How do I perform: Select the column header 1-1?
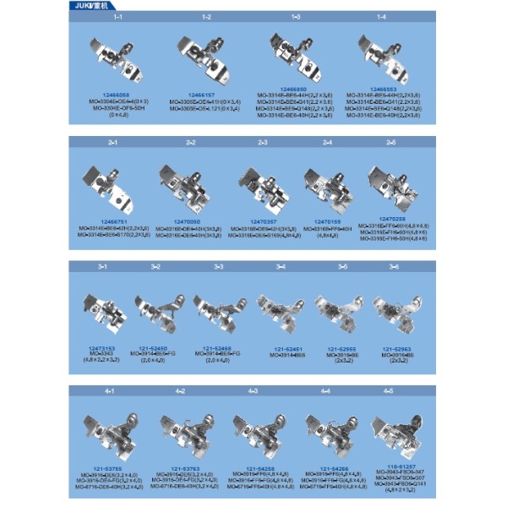(x=117, y=17)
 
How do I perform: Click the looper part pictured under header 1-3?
(x=292, y=57)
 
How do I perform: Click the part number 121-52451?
(x=281, y=347)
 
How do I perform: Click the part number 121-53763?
(x=181, y=467)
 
